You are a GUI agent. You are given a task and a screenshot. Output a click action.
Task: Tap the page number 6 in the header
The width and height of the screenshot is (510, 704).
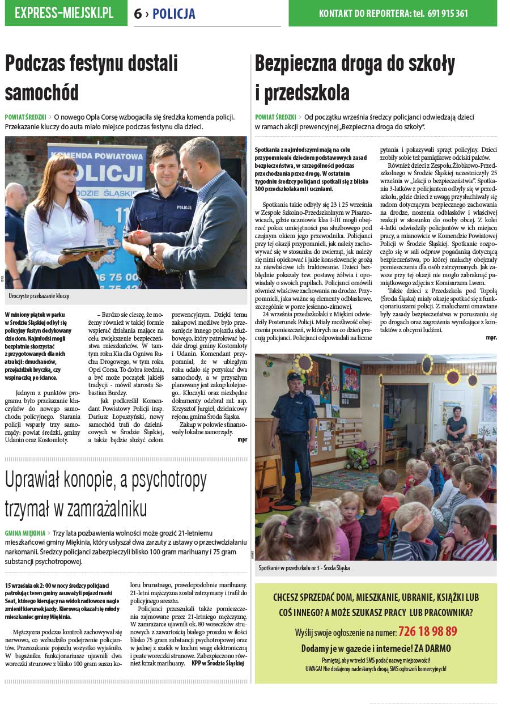[138, 14]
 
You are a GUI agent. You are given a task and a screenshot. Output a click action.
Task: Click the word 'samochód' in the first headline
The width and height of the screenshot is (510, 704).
[42, 92]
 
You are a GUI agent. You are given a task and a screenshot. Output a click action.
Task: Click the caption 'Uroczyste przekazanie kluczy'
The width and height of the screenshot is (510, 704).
[39, 296]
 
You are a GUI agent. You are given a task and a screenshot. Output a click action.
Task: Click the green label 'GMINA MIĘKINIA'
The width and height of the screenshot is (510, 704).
[25, 533]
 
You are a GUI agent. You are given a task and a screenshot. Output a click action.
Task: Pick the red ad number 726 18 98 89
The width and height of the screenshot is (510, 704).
[427, 631]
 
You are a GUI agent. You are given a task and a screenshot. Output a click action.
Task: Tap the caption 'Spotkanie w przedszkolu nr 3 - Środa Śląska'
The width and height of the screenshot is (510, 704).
[304, 567]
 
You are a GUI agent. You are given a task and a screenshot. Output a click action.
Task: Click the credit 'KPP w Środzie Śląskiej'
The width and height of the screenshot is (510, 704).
[217, 663]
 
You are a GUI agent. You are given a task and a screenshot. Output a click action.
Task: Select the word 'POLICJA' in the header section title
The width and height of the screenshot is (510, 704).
[174, 14]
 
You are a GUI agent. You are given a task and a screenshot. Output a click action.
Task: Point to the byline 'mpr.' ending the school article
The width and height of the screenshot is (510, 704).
[491, 338]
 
